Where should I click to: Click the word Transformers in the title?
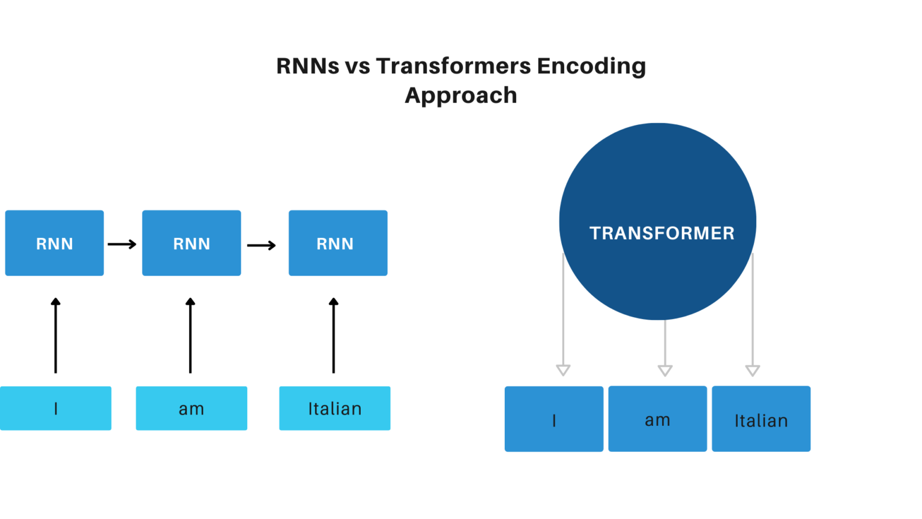[453, 66]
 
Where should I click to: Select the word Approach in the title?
[460, 96]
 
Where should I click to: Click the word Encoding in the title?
[591, 66]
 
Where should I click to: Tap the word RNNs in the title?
[307, 66]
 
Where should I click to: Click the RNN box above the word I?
[55, 243]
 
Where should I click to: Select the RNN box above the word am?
[191, 243]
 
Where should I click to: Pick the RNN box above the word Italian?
[338, 243]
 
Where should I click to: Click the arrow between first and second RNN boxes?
[122, 244]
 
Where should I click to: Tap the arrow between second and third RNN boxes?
[262, 245]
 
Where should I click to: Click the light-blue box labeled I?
[56, 408]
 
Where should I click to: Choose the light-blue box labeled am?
[191, 408]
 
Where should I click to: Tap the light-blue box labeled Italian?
[335, 408]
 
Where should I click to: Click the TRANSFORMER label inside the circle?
[661, 233]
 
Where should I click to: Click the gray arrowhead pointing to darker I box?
[563, 369]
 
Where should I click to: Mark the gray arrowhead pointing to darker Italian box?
[753, 370]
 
